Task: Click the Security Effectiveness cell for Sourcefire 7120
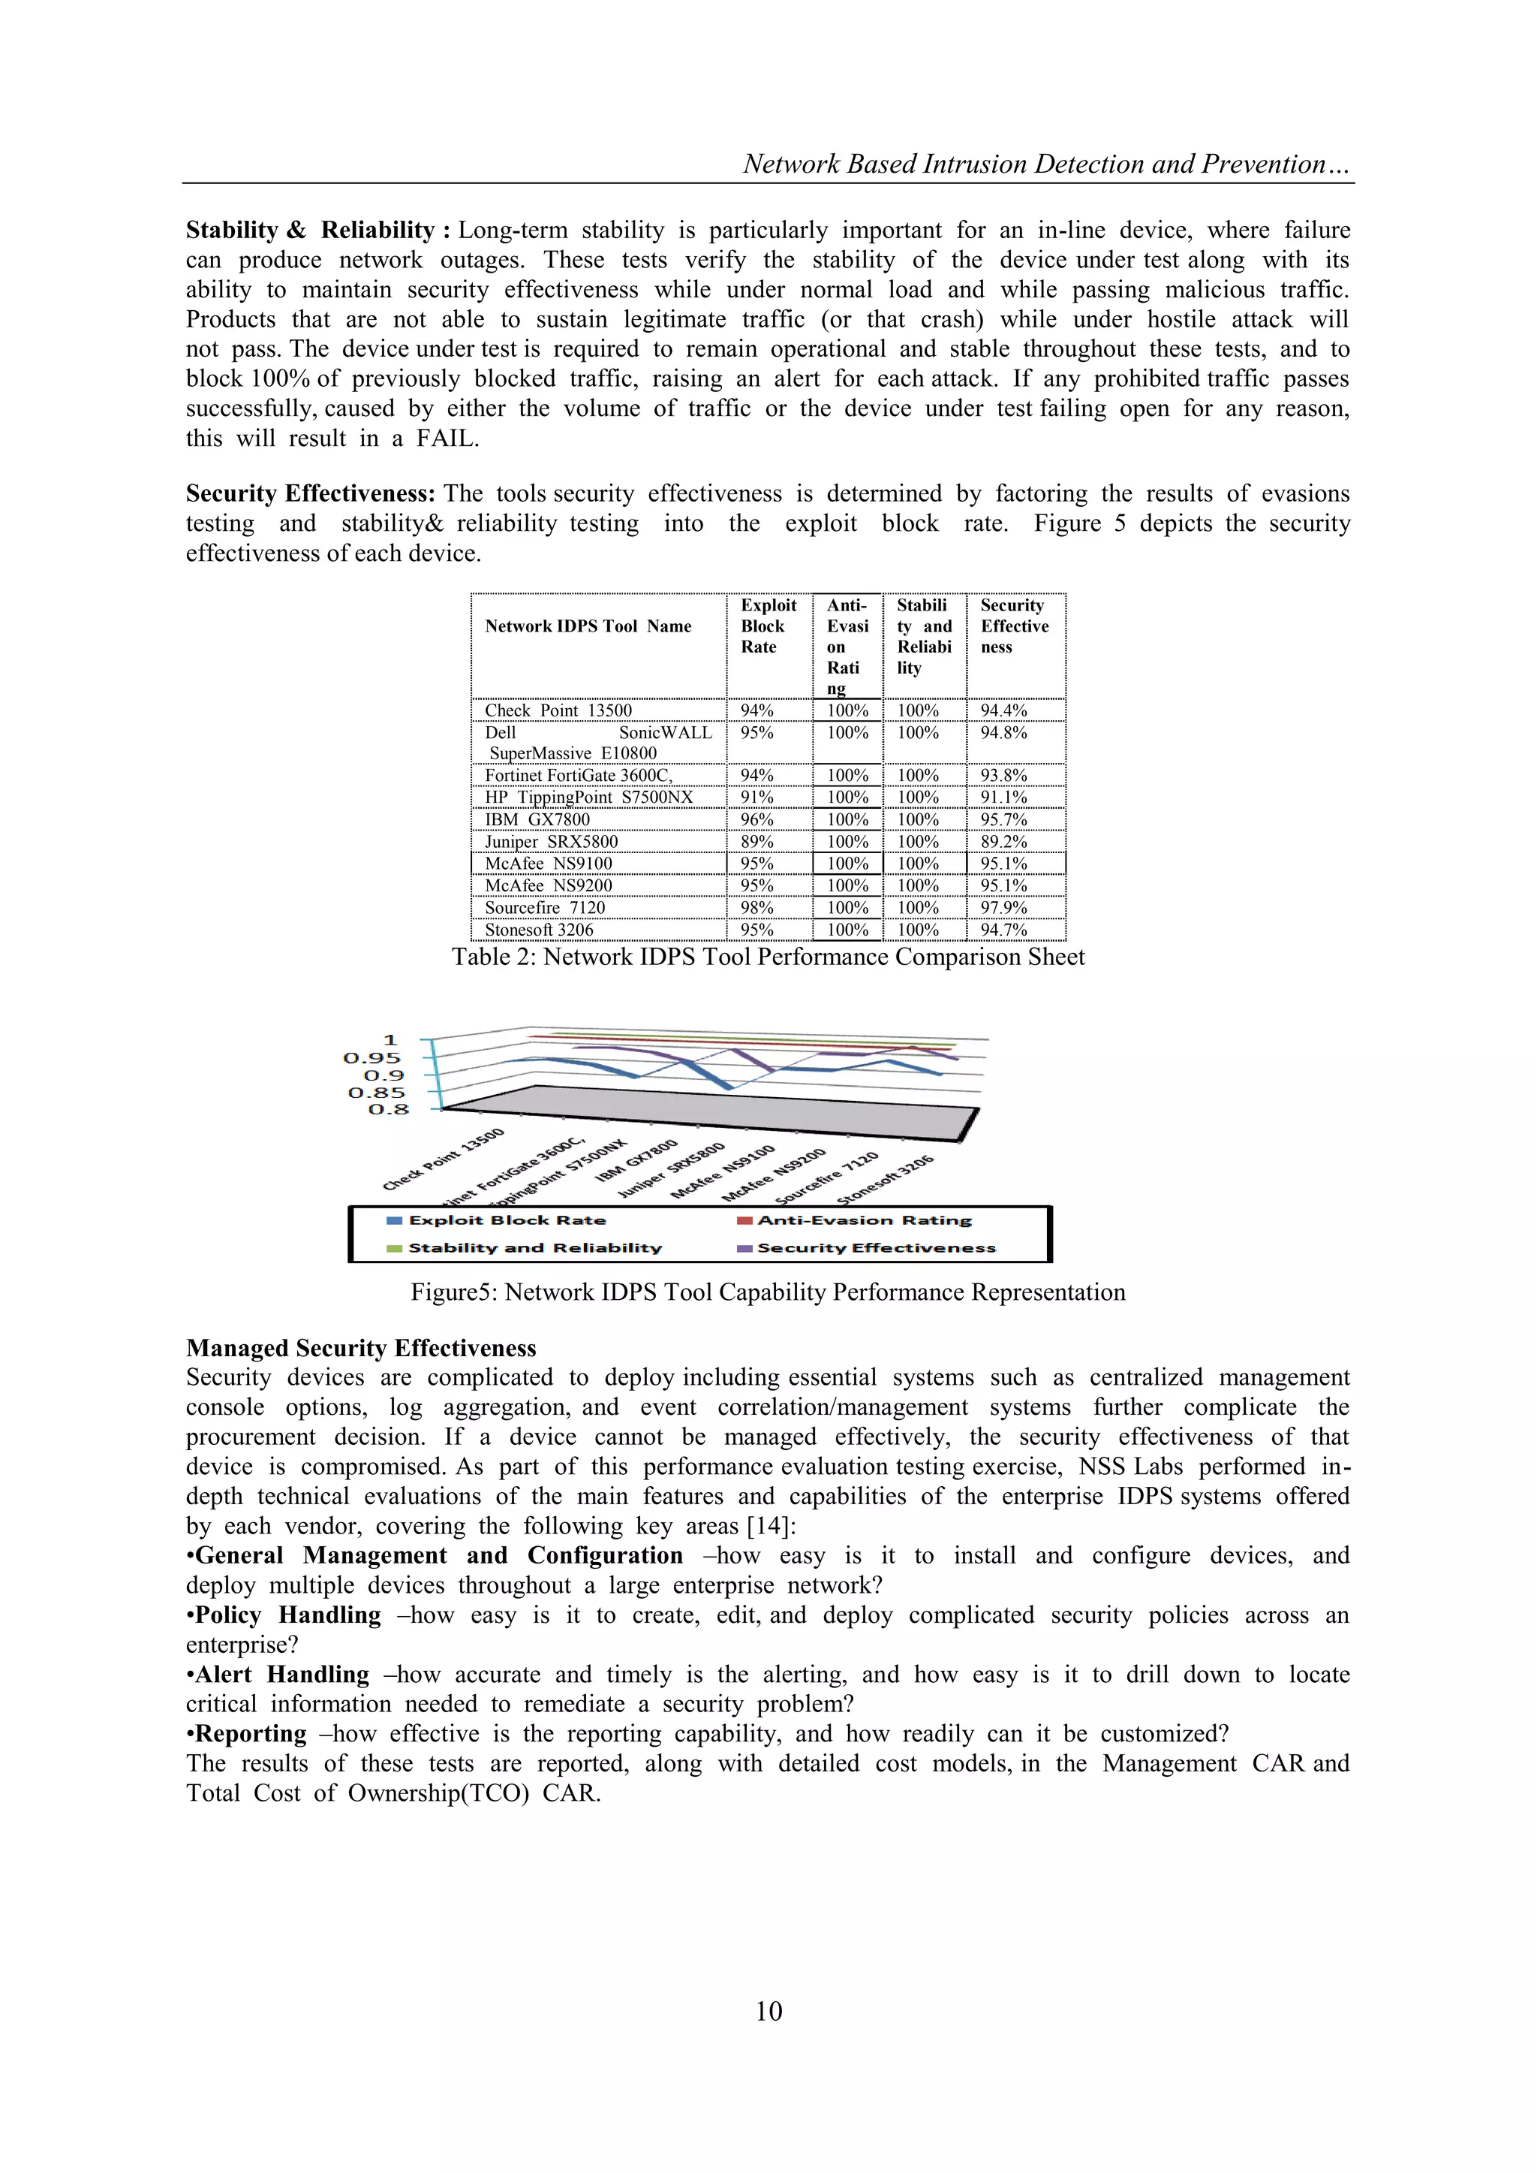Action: pyautogui.click(x=1003, y=907)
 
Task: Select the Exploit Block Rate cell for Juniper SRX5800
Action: pyautogui.click(x=757, y=841)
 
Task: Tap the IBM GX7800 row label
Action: pyautogui.click(x=537, y=819)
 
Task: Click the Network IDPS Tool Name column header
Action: pyautogui.click(x=588, y=626)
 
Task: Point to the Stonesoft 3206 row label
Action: pyautogui.click(x=539, y=929)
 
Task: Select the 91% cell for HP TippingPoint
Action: pyautogui.click(x=757, y=798)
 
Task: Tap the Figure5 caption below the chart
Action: pyautogui.click(x=768, y=1292)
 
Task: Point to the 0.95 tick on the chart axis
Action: pyautogui.click(x=372, y=1057)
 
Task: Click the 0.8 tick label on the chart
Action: pyautogui.click(x=388, y=1109)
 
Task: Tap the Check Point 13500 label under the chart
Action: pyautogui.click(x=444, y=1159)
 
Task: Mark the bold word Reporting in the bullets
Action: pyautogui.click(x=251, y=1734)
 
